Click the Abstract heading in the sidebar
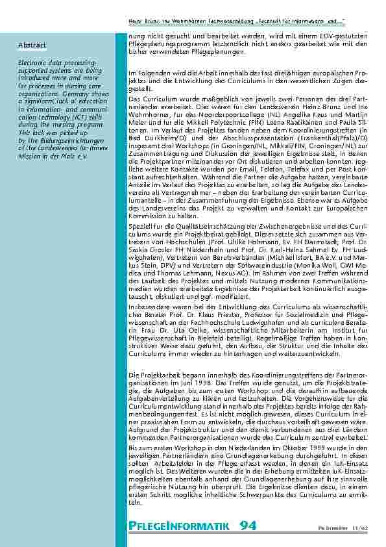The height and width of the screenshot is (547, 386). pos(32,45)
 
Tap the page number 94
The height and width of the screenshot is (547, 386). pos(247,525)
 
